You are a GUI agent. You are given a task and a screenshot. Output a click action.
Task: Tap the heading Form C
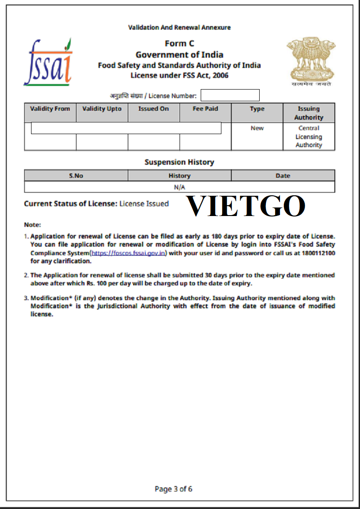(x=179, y=44)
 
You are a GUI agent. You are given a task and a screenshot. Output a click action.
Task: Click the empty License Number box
(x=230, y=95)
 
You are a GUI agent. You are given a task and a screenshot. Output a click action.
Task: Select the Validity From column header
(x=50, y=109)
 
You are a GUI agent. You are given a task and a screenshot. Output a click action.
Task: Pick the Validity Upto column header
(x=102, y=109)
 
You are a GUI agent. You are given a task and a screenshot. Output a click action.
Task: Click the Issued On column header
(x=153, y=109)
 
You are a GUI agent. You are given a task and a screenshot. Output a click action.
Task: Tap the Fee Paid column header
(x=205, y=109)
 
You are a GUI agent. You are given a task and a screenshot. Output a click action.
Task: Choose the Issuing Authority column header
(x=309, y=113)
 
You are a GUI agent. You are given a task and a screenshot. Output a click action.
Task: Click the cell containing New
(x=257, y=128)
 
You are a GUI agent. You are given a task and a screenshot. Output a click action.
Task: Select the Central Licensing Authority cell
(x=309, y=136)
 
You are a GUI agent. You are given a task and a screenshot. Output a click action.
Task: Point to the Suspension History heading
(x=179, y=162)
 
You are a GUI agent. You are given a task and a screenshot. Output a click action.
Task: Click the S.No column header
(x=76, y=176)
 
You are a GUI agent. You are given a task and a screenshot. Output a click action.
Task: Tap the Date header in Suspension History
(x=283, y=176)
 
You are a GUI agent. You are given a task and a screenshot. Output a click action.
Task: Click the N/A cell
(x=179, y=187)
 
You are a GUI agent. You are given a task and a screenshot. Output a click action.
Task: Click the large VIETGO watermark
(x=246, y=207)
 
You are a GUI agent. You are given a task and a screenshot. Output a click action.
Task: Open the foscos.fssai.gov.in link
(x=129, y=253)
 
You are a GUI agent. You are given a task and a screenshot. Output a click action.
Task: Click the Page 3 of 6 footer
(x=173, y=489)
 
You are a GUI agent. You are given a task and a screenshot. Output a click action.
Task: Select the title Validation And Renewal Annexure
(x=179, y=27)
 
